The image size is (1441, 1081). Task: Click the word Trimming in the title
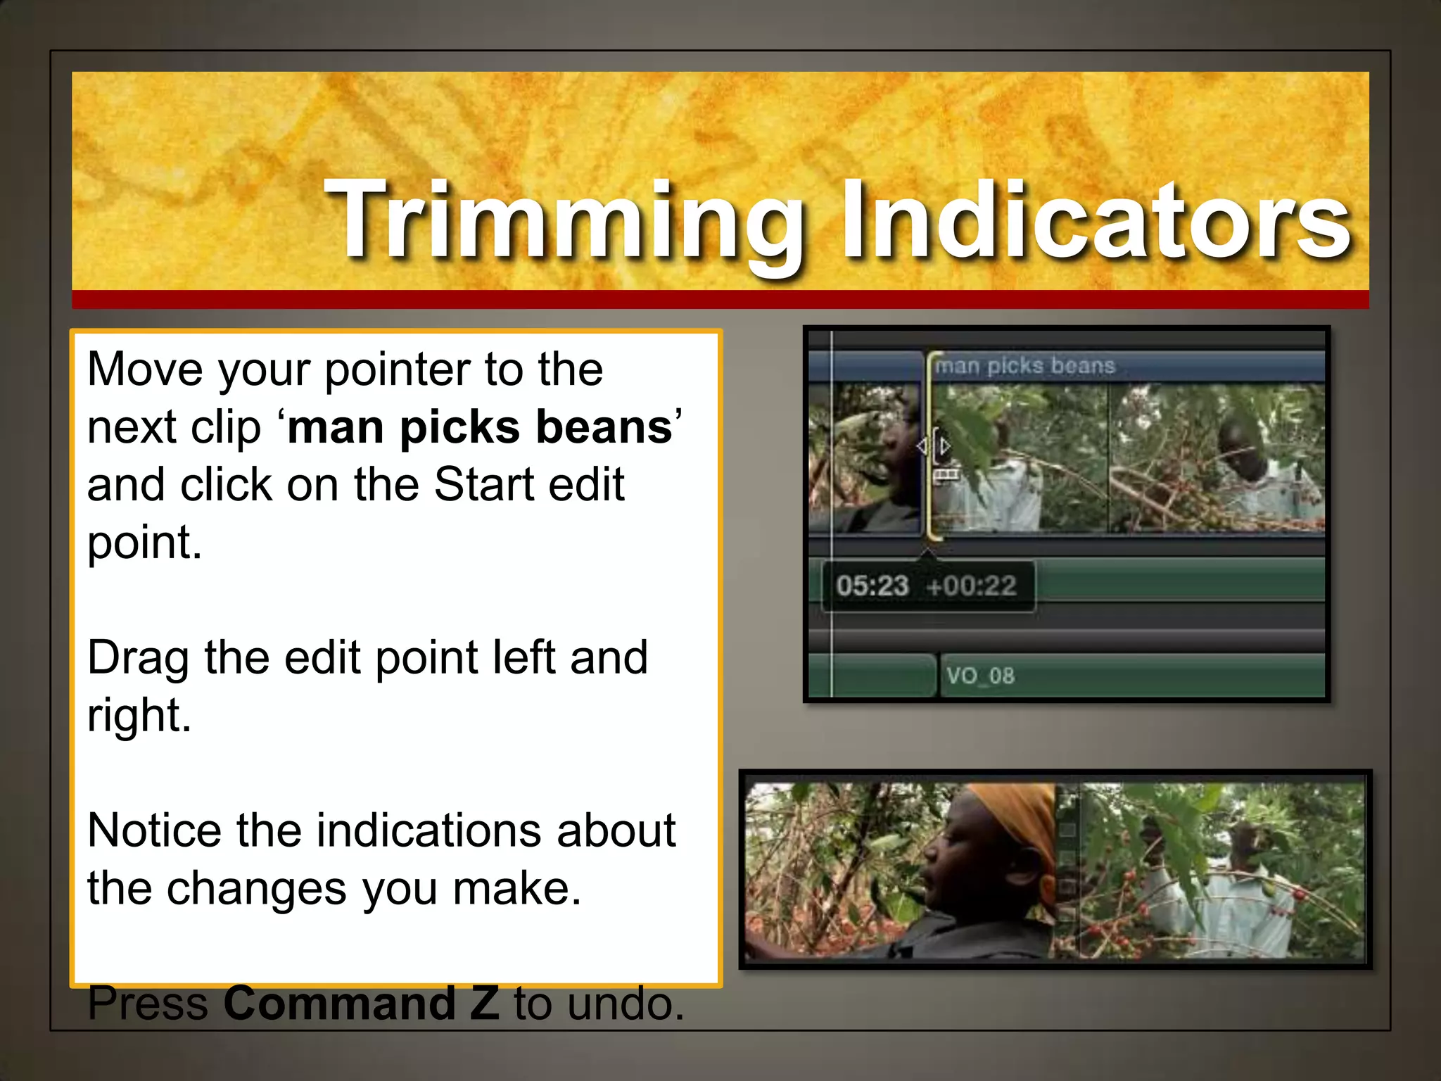coord(563,220)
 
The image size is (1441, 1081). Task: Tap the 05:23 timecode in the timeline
coord(872,586)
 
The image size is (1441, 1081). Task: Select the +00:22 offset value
coord(972,586)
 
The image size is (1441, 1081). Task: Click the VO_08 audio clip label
coord(980,676)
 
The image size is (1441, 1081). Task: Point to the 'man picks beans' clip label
coord(1025,365)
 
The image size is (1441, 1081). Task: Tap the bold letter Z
coord(484,1004)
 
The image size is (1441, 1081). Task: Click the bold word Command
coord(339,1004)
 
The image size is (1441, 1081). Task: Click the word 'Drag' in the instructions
coord(138,658)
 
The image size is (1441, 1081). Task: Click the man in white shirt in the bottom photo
coord(1231,894)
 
